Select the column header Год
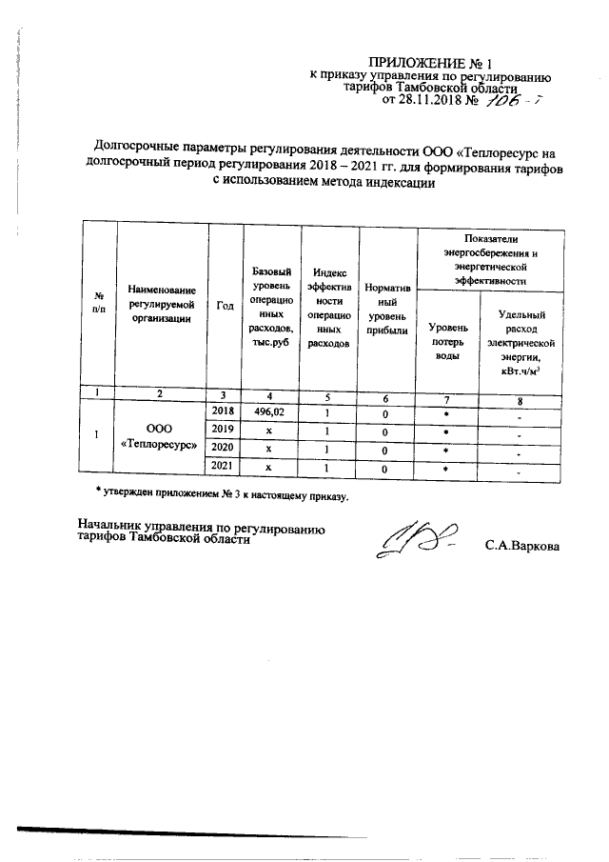click(226, 305)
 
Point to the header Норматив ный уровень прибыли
click(387, 307)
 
